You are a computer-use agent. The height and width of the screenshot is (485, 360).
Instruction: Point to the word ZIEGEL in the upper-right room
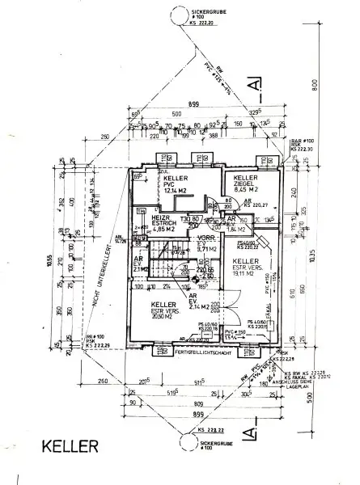tap(246, 184)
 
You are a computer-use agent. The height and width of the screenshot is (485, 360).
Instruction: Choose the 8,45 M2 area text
tap(247, 192)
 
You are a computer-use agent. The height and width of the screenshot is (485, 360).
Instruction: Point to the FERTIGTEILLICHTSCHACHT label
tap(207, 353)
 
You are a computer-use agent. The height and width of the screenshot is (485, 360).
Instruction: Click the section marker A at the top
tap(255, 83)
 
